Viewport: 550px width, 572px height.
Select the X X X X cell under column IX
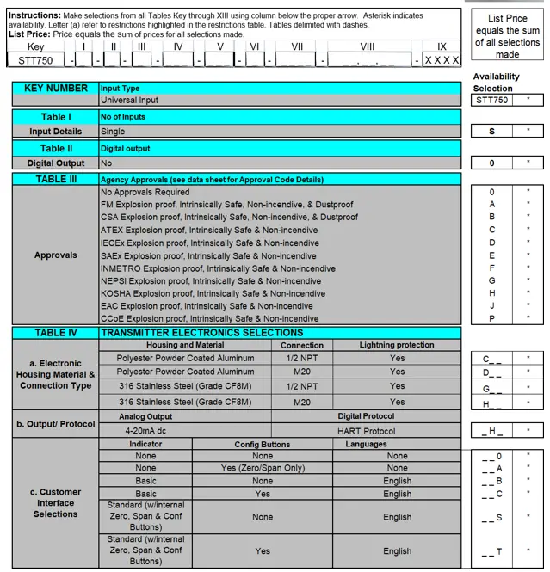442,60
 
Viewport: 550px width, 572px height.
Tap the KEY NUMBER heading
55,89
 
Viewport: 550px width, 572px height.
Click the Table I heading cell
55,117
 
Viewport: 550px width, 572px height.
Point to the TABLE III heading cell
55,179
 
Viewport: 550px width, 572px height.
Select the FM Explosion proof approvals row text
226,205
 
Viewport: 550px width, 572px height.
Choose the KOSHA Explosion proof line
213,293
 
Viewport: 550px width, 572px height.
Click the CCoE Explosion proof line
209,318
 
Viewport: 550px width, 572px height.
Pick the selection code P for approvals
491,318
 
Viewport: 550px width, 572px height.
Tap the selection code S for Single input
491,132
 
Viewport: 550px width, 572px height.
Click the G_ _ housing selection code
491,389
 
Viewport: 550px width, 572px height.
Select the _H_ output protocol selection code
491,430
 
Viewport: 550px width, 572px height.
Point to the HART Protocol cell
367,430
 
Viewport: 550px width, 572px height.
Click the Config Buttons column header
263,445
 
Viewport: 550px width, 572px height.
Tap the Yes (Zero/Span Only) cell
263,469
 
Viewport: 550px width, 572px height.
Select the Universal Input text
129,101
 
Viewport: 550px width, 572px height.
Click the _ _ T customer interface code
491,551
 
